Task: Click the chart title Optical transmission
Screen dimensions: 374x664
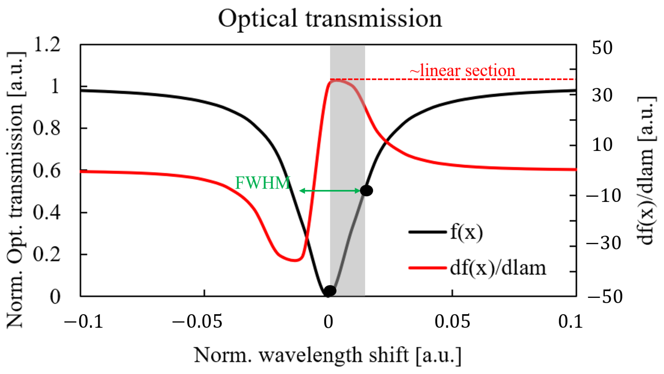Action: [330, 18]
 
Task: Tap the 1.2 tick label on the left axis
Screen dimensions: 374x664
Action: [47, 45]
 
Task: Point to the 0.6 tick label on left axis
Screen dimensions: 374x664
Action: [47, 170]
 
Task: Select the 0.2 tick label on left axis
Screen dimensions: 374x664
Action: [47, 254]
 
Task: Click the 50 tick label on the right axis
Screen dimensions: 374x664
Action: [602, 48]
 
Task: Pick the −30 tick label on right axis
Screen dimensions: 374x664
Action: [603, 243]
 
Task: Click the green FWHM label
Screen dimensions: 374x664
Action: [263, 183]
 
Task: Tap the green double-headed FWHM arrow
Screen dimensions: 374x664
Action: [330, 191]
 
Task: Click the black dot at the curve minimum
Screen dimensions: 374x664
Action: [330, 291]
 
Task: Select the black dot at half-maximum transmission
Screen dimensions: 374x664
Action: [366, 191]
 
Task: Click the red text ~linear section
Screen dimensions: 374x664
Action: [463, 71]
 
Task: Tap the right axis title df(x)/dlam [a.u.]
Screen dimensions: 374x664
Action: [647, 170]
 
